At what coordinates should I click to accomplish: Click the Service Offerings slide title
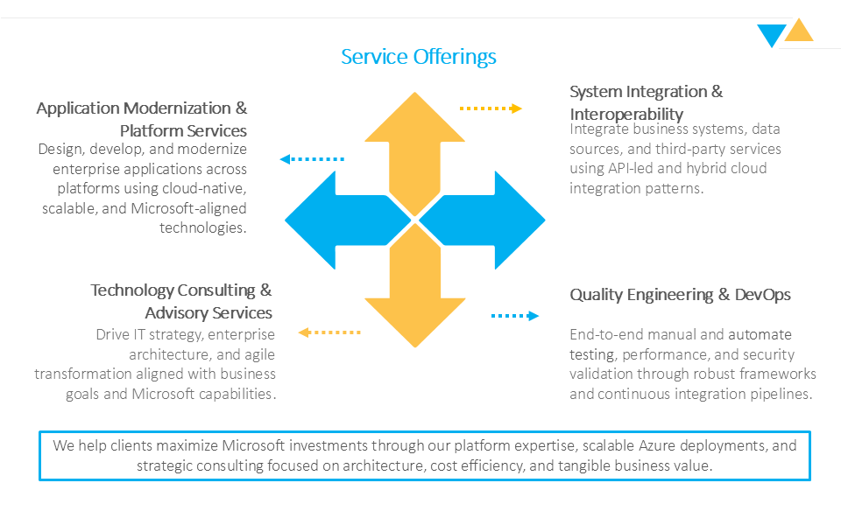pyautogui.click(x=419, y=57)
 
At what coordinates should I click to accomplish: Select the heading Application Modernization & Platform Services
pyautogui.click(x=142, y=119)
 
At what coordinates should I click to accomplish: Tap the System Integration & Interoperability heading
pyautogui.click(x=646, y=102)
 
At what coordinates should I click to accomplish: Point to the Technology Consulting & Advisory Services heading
pyautogui.click(x=182, y=301)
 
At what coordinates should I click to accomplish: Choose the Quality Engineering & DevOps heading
pyautogui.click(x=680, y=295)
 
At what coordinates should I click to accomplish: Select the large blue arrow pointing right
pyautogui.click(x=489, y=220)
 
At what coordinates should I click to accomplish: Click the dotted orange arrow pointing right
pyautogui.click(x=491, y=108)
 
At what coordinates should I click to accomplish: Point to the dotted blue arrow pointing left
pyautogui.click(x=312, y=159)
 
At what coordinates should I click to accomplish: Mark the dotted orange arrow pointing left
pyautogui.click(x=329, y=332)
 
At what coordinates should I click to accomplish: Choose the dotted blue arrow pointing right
pyautogui.click(x=514, y=316)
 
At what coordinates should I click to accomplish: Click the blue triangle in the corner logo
pyautogui.click(x=772, y=36)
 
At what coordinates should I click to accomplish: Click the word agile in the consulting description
pyautogui.click(x=261, y=354)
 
